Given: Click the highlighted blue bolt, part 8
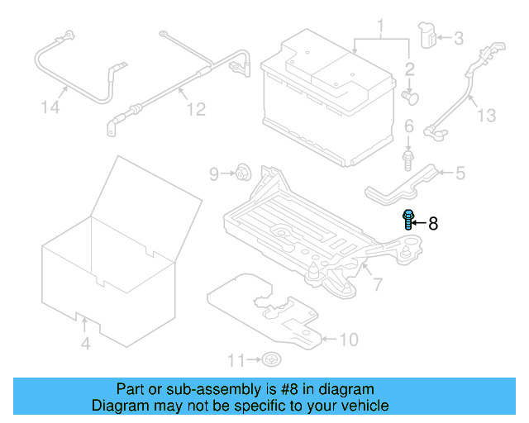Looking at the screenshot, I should (x=407, y=220).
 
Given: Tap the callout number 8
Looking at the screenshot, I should (x=433, y=223).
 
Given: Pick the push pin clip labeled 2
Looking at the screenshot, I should (x=409, y=97).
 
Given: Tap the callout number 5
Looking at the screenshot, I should (x=460, y=173).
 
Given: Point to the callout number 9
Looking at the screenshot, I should (x=213, y=173).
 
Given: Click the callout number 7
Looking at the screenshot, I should (x=377, y=285).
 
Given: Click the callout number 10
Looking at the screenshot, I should (x=350, y=339).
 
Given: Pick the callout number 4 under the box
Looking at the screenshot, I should (x=85, y=343).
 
